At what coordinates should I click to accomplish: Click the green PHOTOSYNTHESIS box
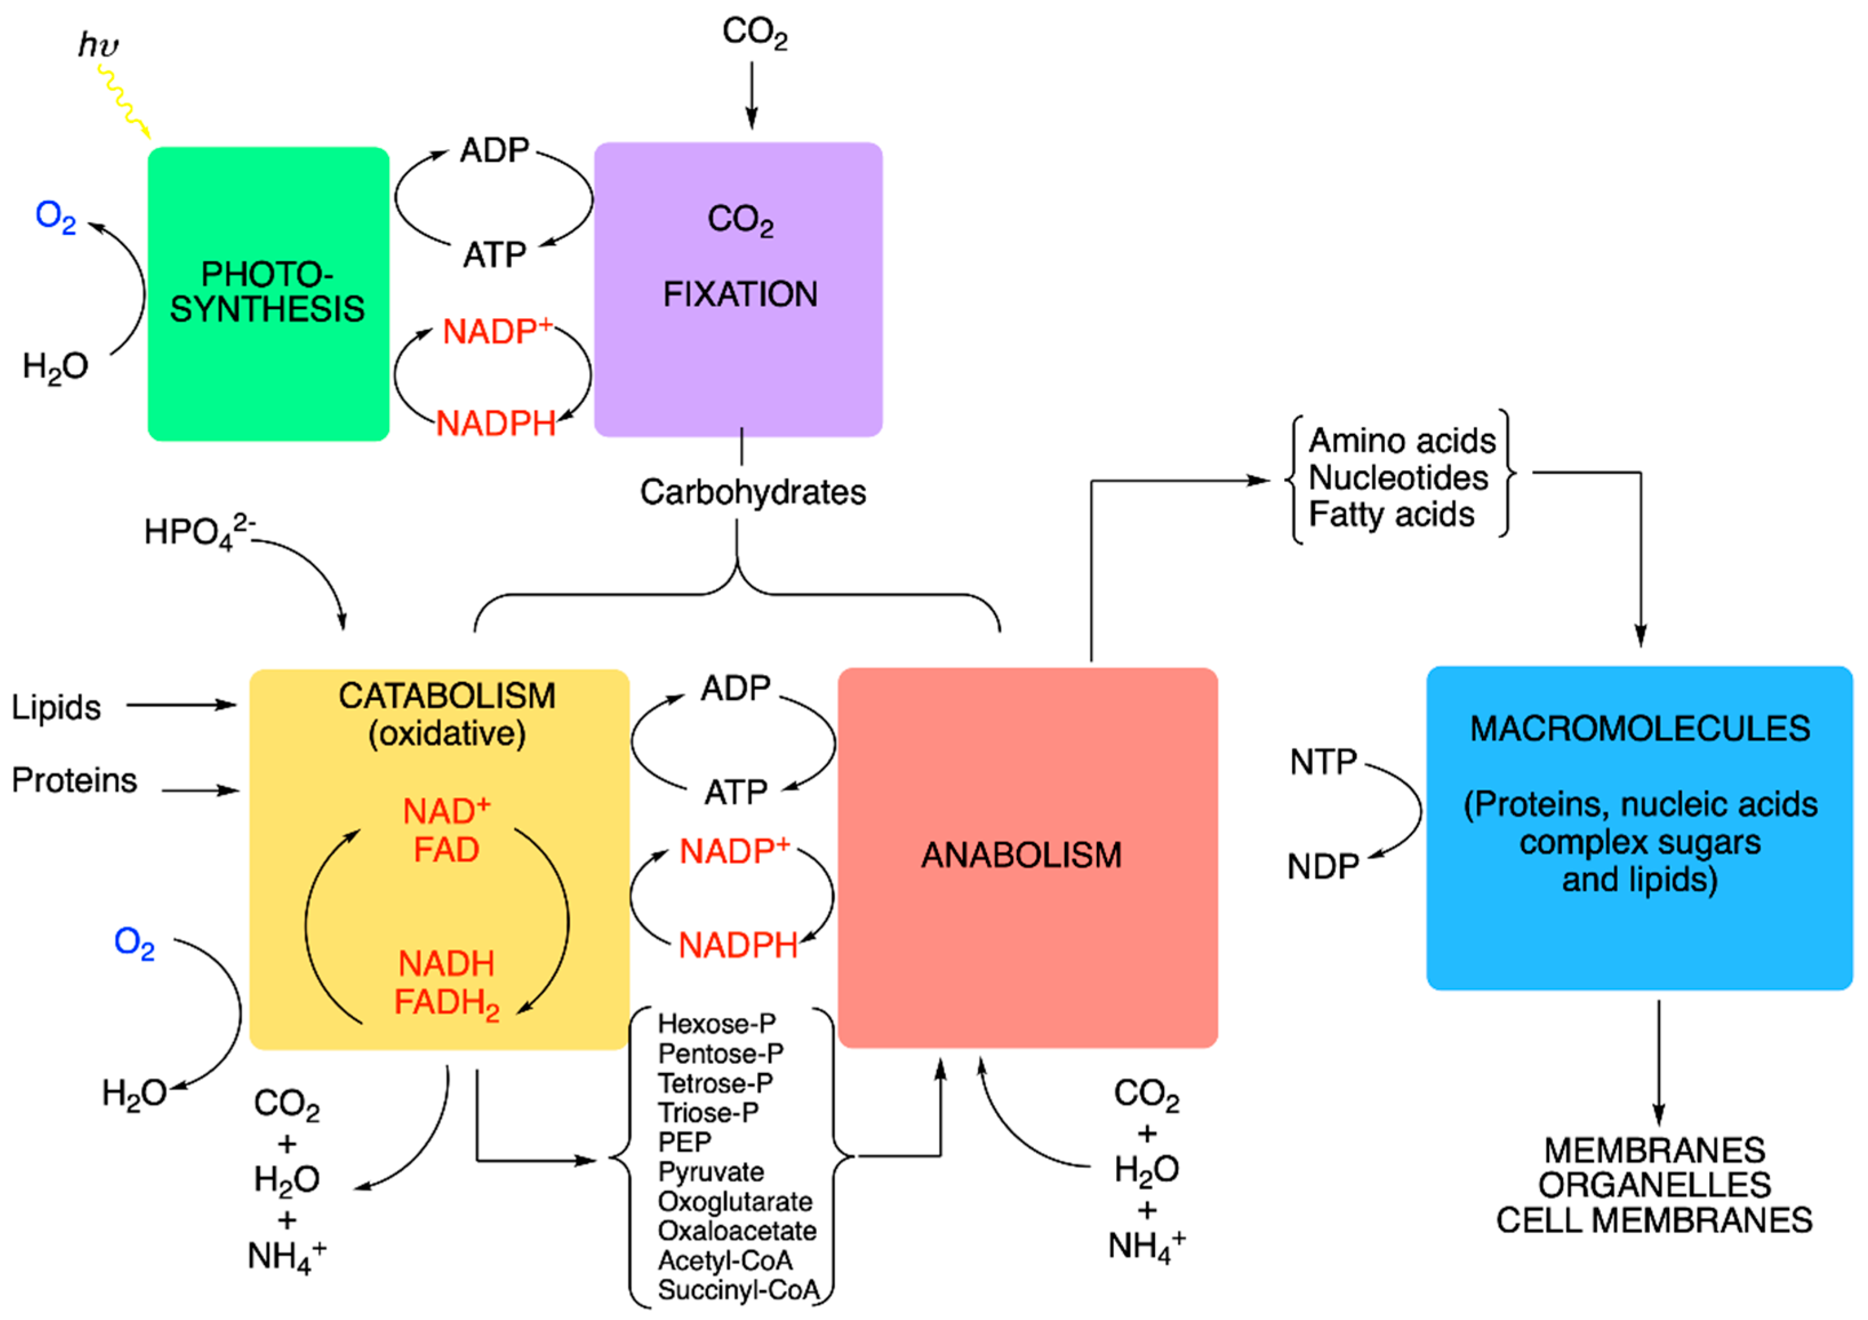[x=268, y=374]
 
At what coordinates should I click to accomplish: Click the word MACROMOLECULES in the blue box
[x=1639, y=729]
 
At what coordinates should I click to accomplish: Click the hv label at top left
[x=98, y=45]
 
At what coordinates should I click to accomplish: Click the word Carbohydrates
[x=752, y=493]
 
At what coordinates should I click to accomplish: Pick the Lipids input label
[x=56, y=707]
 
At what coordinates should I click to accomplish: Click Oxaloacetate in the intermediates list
[x=737, y=1230]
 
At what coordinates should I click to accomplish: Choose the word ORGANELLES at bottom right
[x=1654, y=1185]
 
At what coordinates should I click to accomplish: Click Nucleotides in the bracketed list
[x=1398, y=478]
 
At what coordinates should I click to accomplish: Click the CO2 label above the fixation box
[x=754, y=33]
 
